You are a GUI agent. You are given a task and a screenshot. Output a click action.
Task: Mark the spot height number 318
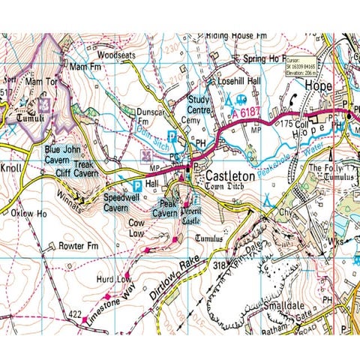coord(219,265)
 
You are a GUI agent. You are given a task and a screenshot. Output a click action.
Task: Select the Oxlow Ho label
coord(29,213)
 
